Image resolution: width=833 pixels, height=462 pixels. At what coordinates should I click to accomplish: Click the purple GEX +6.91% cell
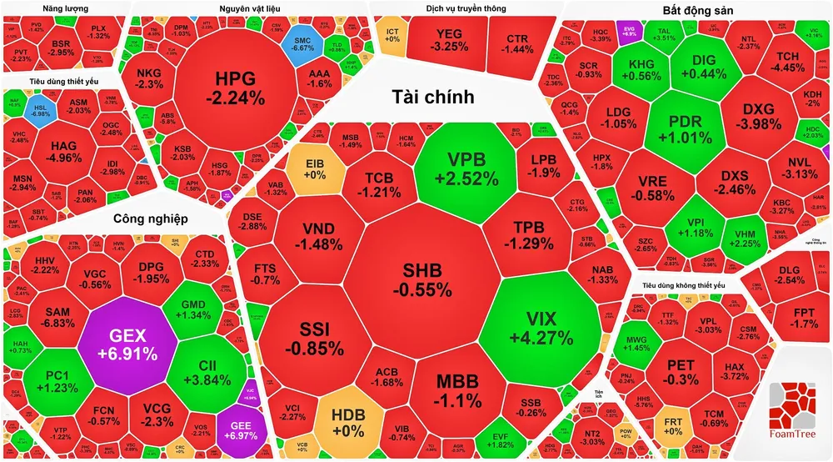(x=128, y=344)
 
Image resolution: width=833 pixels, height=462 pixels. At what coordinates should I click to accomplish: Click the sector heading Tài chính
(x=432, y=98)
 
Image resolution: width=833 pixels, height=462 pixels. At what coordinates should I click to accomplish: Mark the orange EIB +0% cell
(x=315, y=169)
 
